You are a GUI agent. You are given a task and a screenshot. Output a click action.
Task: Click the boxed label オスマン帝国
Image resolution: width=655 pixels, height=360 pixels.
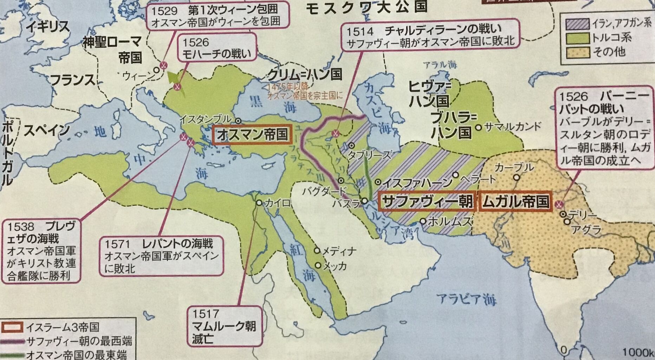pyautogui.click(x=252, y=135)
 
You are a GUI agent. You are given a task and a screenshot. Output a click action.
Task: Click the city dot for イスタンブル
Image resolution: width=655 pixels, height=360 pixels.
pyautogui.click(x=238, y=121)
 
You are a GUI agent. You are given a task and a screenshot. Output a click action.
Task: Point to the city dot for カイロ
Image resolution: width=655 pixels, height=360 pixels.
pyautogui.click(x=259, y=203)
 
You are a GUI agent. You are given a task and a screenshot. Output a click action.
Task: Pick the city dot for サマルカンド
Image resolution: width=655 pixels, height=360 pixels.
pyautogui.click(x=478, y=127)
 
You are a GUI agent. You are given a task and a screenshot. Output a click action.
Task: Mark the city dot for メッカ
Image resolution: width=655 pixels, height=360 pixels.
pyautogui.click(x=318, y=265)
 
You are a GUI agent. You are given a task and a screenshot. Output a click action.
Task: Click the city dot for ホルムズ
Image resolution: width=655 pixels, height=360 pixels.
pyautogui.click(x=423, y=221)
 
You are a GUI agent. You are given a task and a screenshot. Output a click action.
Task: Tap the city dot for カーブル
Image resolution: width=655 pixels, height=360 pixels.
pyautogui.click(x=516, y=178)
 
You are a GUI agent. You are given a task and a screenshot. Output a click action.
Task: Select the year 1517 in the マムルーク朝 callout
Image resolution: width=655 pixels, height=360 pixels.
pyautogui.click(x=206, y=313)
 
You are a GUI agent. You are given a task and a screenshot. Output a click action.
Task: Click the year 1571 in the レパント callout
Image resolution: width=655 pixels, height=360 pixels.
pyautogui.click(x=117, y=244)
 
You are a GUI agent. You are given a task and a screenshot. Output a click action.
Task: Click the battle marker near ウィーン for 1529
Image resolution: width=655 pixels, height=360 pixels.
pyautogui.click(x=163, y=65)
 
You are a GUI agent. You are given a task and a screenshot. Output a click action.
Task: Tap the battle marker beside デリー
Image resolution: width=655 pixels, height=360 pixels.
pyautogui.click(x=558, y=204)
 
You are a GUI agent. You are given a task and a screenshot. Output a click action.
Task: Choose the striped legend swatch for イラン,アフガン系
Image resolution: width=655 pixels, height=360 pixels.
pyautogui.click(x=577, y=24)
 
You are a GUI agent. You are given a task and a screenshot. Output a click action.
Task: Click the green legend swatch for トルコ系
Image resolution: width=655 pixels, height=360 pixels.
pyautogui.click(x=577, y=38)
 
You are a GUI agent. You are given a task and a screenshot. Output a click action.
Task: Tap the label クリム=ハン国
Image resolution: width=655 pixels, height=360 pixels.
pyautogui.click(x=304, y=74)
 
